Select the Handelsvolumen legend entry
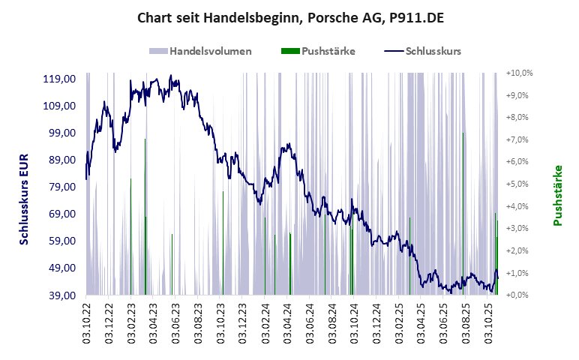pyautogui.click(x=200, y=52)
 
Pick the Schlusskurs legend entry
pyautogui.click(x=422, y=52)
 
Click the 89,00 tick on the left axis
pyautogui.click(x=63, y=160)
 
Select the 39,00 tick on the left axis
pyautogui.click(x=63, y=295)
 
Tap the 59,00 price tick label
pyautogui.click(x=63, y=241)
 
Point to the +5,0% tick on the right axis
pyautogui.click(x=519, y=184)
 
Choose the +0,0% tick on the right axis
pyautogui.click(x=519, y=295)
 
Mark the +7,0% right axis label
pyautogui.click(x=519, y=140)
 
